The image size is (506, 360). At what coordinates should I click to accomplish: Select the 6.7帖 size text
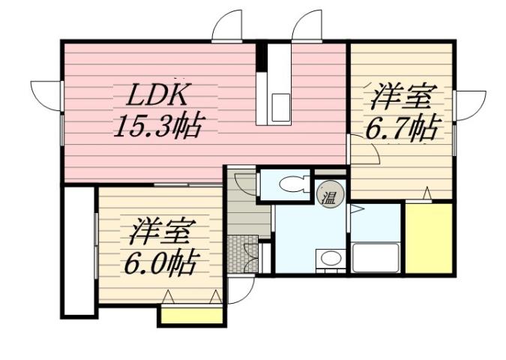401,128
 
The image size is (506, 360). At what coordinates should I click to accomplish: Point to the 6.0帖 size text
160,265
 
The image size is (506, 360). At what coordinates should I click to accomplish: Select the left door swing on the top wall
228,27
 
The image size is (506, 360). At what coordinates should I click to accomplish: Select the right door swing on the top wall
307,27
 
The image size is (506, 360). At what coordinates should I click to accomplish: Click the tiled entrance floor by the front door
242,255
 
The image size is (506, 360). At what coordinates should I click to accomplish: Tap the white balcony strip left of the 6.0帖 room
78,250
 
